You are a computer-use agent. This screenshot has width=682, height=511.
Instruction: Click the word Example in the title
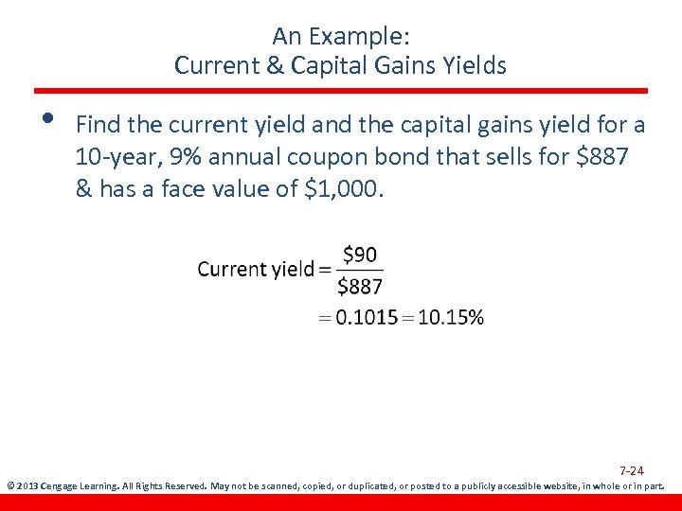tap(361, 37)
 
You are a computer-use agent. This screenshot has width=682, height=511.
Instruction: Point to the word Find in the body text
tap(96, 124)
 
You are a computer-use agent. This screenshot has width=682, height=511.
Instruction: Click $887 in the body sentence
tap(600, 156)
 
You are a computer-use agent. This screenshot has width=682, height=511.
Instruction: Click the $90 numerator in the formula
tap(359, 254)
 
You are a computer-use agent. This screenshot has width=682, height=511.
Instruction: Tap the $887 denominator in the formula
tap(360, 286)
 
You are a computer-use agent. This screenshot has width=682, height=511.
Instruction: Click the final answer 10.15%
tap(450, 318)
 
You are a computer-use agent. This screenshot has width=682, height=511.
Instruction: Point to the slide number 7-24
tap(632, 470)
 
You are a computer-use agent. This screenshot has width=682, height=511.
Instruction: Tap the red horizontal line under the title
tap(341, 91)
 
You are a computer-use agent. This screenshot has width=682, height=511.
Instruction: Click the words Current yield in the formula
tap(255, 270)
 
